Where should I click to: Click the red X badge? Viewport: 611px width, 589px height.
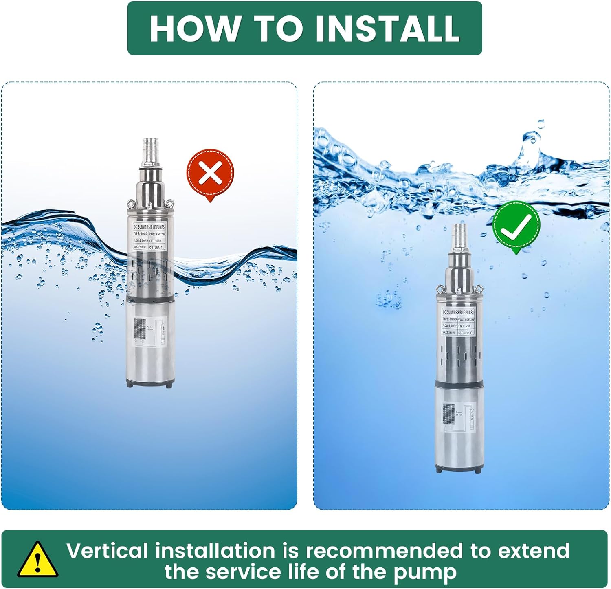point(210,173)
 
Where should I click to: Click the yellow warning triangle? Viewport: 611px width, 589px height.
point(37,560)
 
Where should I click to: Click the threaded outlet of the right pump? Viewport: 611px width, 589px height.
point(459,236)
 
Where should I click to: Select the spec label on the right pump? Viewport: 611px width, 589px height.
point(458,322)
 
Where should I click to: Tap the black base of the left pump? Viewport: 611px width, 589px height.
point(150,383)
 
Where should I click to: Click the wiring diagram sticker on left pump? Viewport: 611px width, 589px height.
point(150,330)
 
